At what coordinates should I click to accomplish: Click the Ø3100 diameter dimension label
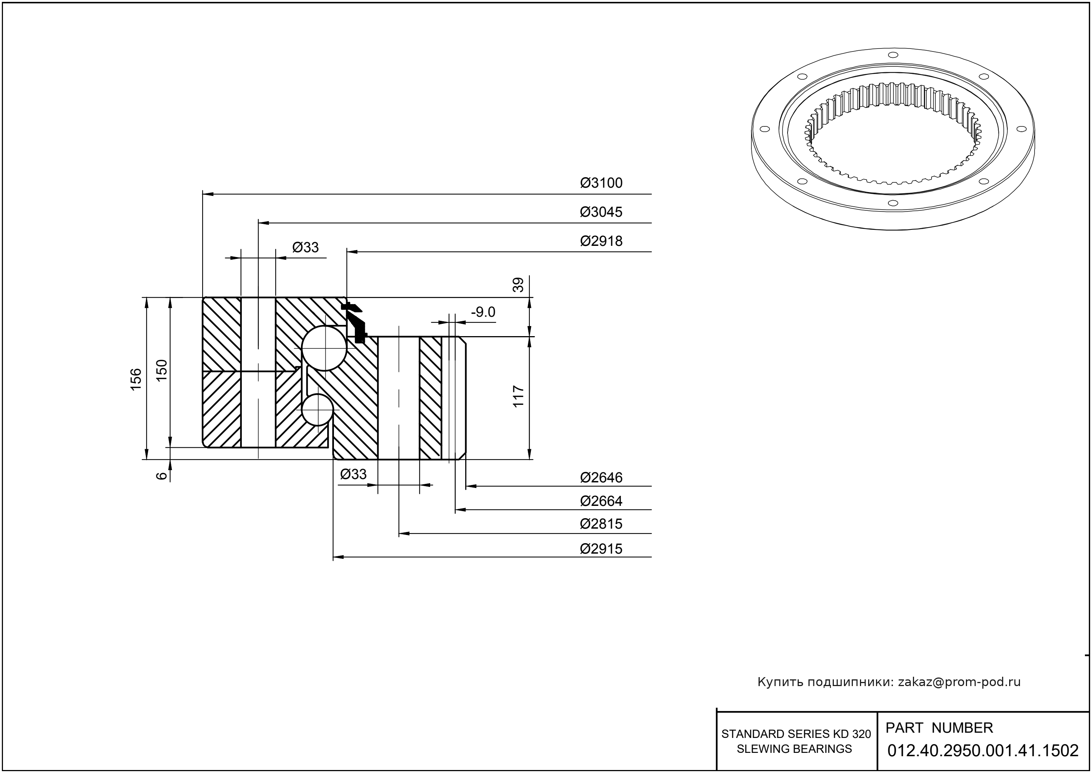coord(601,183)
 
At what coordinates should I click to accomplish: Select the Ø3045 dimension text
coord(601,212)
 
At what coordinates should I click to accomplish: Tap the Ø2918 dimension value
coord(601,241)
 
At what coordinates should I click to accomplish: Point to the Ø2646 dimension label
coord(601,478)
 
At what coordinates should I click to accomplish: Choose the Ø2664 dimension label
coord(601,501)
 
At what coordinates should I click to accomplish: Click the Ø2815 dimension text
coord(601,524)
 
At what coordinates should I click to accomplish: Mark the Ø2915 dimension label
coord(601,549)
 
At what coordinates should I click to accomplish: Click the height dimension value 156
coord(136,379)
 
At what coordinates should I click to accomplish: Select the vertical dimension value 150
coord(162,370)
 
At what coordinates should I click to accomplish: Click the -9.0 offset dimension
coord(483,312)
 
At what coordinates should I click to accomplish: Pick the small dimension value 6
coord(162,475)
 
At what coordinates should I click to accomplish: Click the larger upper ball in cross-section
coord(325,348)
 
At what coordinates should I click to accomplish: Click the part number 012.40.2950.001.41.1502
coord(983,751)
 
